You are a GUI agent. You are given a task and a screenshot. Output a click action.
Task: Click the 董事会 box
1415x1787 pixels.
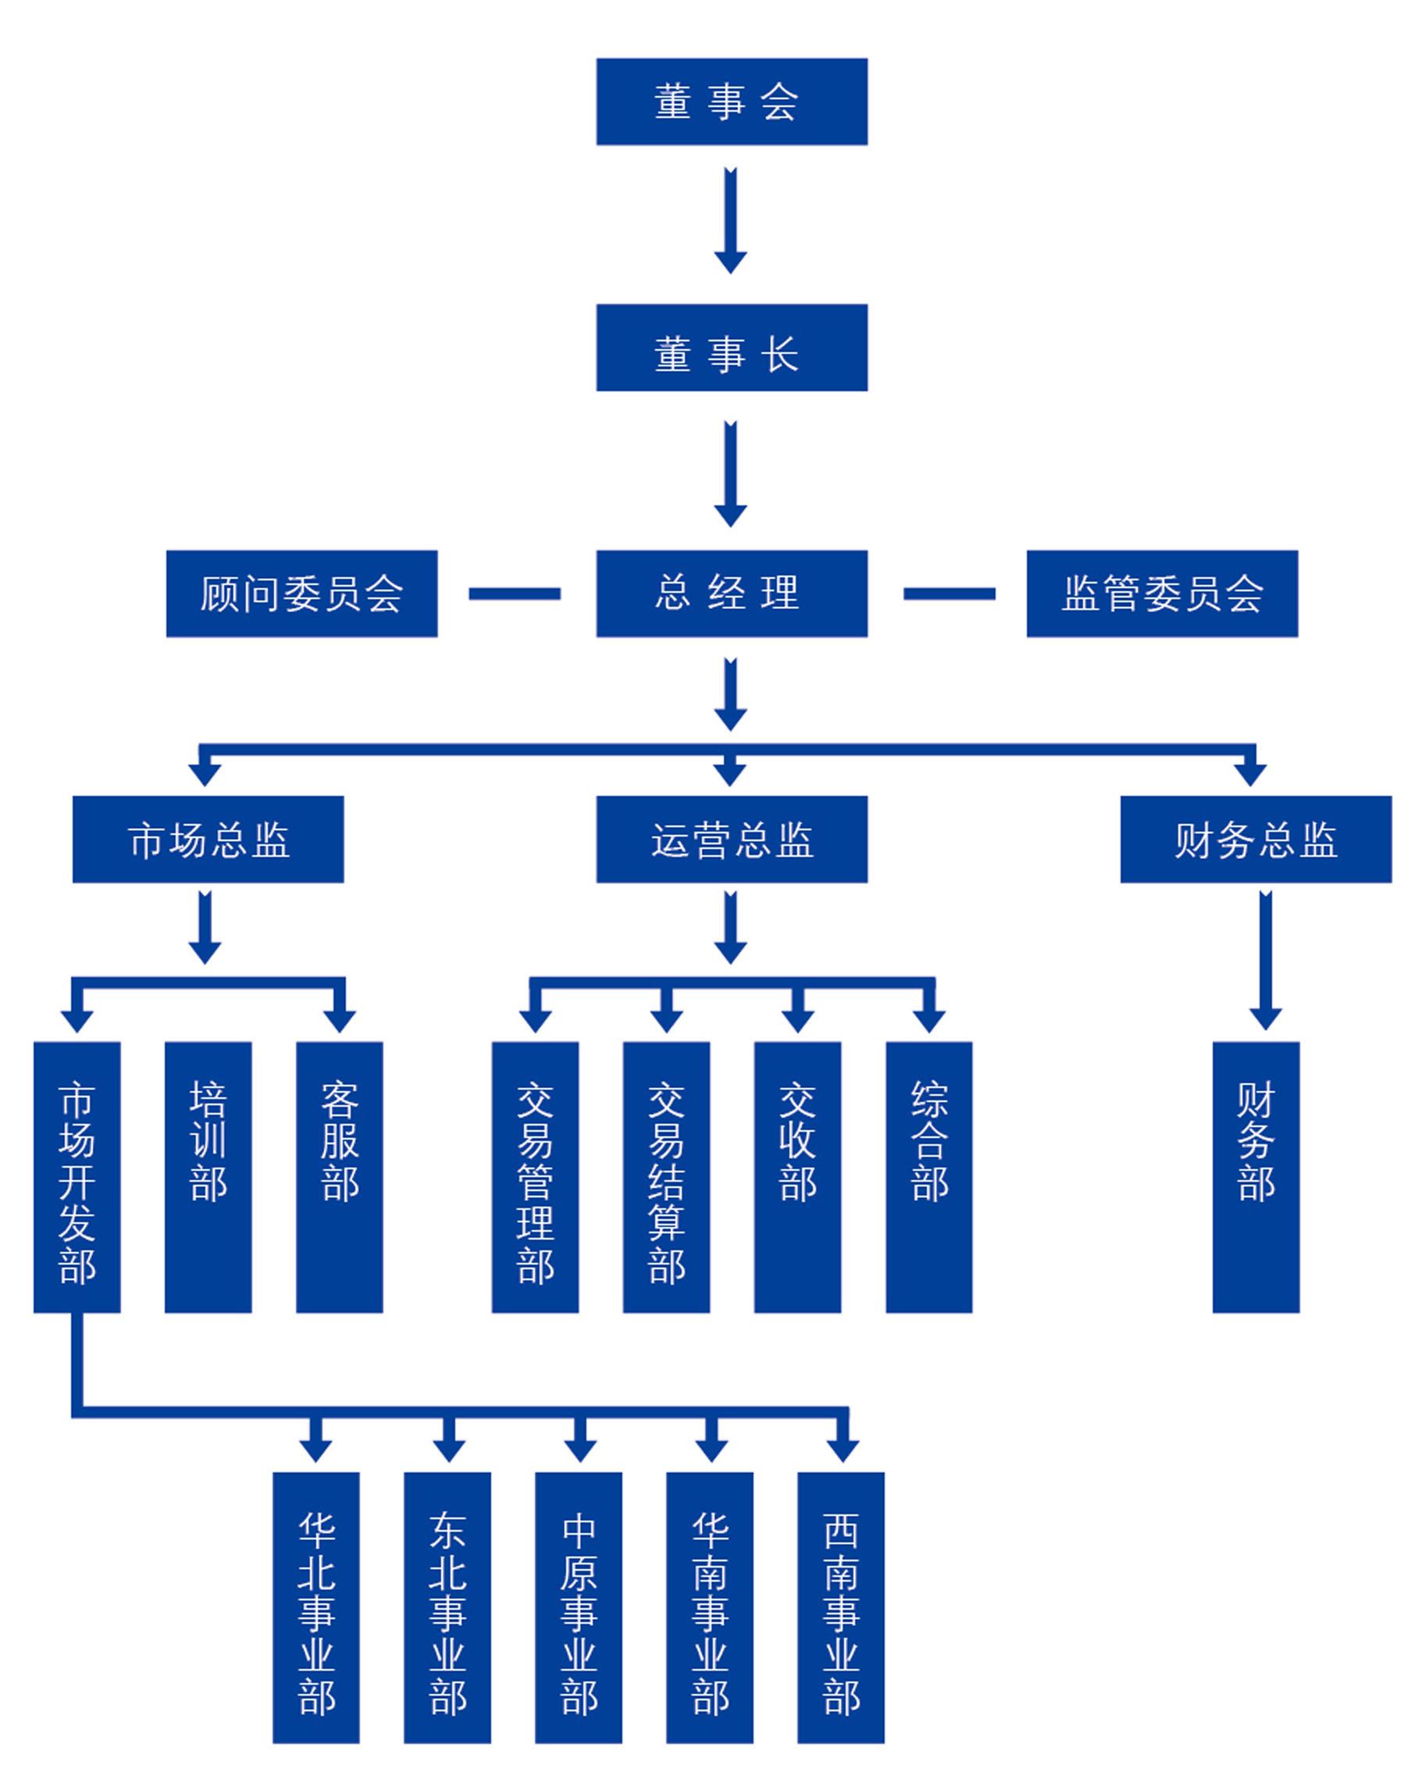click(732, 101)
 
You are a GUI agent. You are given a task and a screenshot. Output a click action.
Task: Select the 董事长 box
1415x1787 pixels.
click(732, 347)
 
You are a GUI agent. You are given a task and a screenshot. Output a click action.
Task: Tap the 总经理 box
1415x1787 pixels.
click(732, 593)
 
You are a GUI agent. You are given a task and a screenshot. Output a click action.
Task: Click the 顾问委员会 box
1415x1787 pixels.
click(301, 593)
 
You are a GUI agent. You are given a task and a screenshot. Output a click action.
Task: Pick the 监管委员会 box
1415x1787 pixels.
click(1161, 593)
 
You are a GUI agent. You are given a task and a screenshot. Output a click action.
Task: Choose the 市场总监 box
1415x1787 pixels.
click(208, 840)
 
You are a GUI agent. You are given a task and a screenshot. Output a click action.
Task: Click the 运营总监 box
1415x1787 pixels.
click(732, 840)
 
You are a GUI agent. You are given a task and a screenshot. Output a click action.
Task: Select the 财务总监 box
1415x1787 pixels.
click(1256, 840)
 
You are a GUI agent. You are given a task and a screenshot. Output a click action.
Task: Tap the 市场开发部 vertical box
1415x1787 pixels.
click(77, 1176)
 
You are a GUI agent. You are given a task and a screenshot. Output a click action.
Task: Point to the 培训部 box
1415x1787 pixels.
click(208, 1176)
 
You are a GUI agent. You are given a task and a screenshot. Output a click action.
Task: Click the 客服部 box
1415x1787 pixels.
click(340, 1176)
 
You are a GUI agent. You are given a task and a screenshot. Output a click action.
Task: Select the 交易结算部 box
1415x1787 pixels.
click(666, 1176)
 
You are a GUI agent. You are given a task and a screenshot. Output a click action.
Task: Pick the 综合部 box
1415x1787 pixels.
click(928, 1176)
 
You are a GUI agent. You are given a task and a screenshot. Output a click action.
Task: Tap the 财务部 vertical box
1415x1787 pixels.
click(1256, 1176)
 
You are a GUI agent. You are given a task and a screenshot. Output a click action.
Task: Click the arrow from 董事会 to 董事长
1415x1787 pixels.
click(731, 219)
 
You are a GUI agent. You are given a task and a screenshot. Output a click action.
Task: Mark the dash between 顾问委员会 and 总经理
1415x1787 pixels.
click(515, 593)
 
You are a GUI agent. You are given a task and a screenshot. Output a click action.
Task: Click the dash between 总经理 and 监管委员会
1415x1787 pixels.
click(949, 593)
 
